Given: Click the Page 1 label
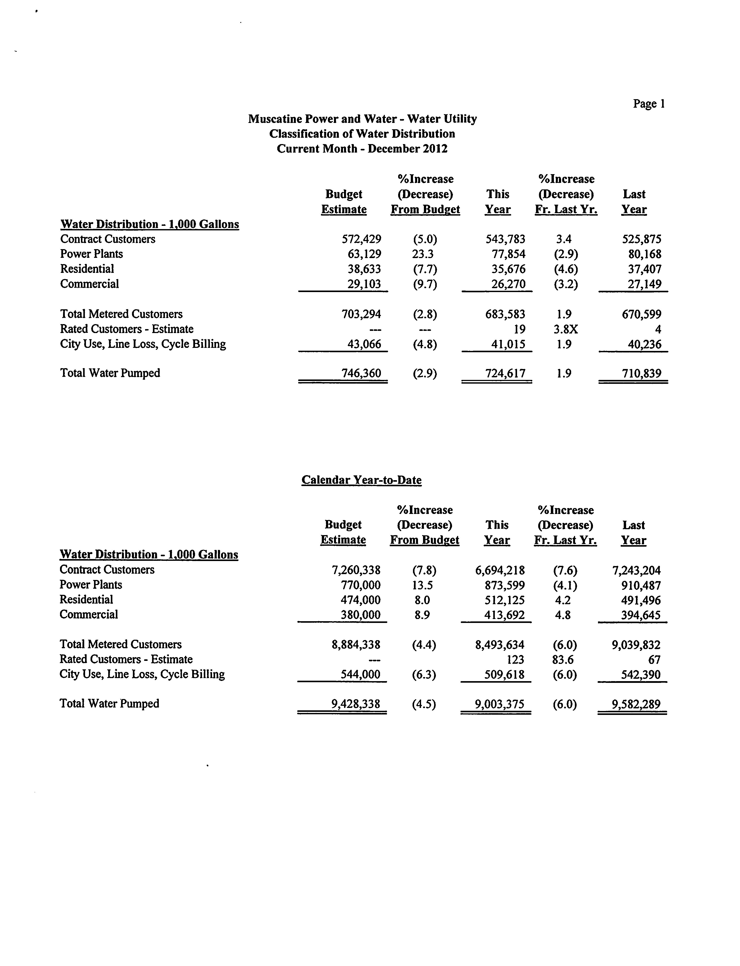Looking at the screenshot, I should pos(648,104).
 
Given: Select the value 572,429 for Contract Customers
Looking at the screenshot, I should pos(361,239).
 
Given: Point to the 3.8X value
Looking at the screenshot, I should pos(565,329).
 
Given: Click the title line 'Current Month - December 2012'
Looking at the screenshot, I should pos(362,149).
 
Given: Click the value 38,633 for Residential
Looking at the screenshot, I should pos(364,269).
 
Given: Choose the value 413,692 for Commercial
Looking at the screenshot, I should pos(504,615).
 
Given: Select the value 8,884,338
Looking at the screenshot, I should pos(356,645).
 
